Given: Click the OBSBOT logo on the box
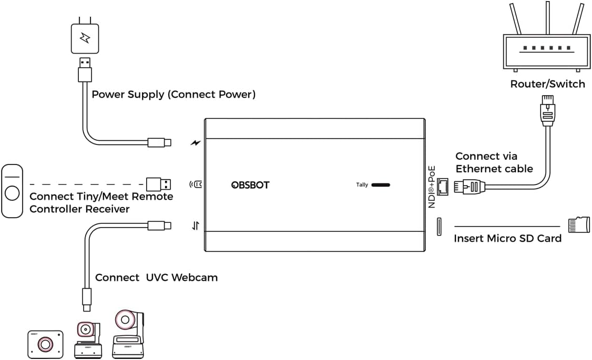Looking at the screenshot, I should pyautogui.click(x=250, y=185).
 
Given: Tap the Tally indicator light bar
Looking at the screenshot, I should pyautogui.click(x=381, y=185).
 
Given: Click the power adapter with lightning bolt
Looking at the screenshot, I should pyautogui.click(x=85, y=37).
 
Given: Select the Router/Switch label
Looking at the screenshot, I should pyautogui.click(x=547, y=84).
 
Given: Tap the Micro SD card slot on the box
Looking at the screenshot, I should pyautogui.click(x=438, y=227).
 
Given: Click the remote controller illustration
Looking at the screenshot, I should pyautogui.click(x=12, y=190).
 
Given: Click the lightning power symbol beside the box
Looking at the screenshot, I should pyautogui.click(x=196, y=142).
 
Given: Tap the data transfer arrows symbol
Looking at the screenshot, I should pyautogui.click(x=196, y=227).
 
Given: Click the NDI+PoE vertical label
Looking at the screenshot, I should pyautogui.click(x=432, y=187).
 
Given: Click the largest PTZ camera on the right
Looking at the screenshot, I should pyautogui.click(x=128, y=335).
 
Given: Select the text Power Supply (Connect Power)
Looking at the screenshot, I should pyautogui.click(x=173, y=95).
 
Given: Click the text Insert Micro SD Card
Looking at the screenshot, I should pyautogui.click(x=507, y=239).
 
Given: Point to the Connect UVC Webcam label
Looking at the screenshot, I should pyautogui.click(x=156, y=277).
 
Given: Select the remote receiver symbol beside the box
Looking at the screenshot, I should pyautogui.click(x=196, y=184).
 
